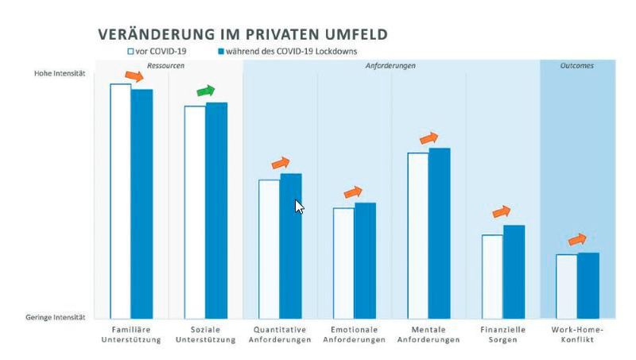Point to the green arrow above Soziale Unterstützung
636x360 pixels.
206,90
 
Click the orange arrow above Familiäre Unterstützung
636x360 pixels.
135,76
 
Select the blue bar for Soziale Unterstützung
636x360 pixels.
216,210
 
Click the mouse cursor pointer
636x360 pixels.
299,206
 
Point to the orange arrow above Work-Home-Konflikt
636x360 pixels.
577,239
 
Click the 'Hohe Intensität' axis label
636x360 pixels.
59,74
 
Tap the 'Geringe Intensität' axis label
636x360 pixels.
56,317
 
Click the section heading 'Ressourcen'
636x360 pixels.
166,65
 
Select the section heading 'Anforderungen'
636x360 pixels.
390,65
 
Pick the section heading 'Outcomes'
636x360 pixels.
577,65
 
